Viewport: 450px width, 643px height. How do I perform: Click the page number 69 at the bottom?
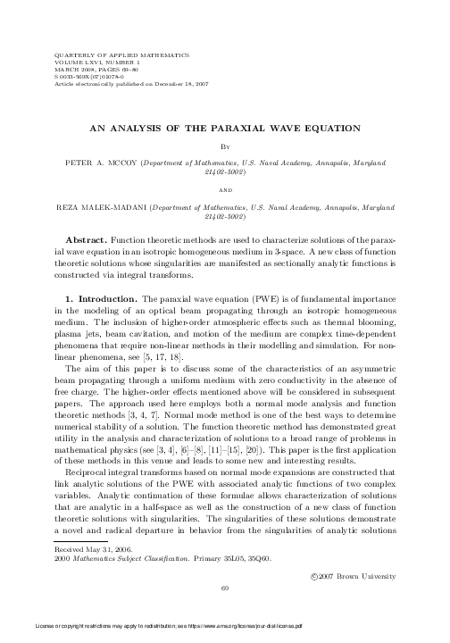tap(225, 588)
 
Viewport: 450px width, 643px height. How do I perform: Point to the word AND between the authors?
tap(225, 190)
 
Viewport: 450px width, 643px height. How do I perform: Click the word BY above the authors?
tap(225, 149)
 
